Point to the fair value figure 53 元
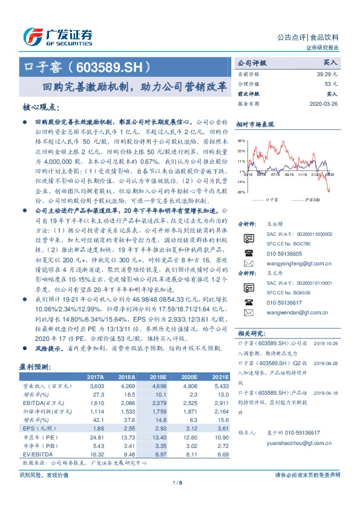pyautogui.click(x=331, y=83)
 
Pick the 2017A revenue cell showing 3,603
pyautogui.click(x=97, y=384)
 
